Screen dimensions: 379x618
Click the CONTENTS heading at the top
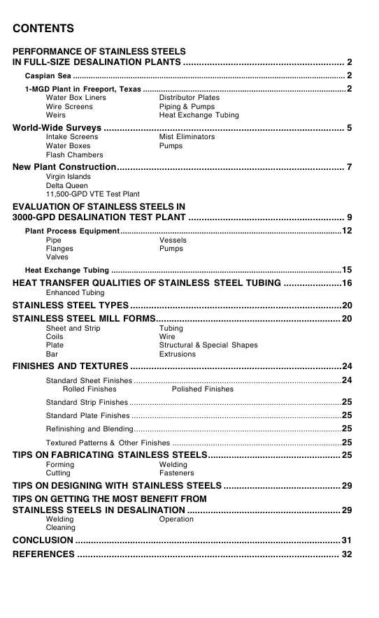pyautogui.click(x=43, y=29)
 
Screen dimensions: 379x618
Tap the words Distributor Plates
pyautogui.click(x=189, y=98)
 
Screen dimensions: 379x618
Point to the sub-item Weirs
pyautogui.click(x=56, y=115)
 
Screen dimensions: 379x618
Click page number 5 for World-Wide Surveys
pyautogui.click(x=349, y=128)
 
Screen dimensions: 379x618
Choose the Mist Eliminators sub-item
pyautogui.click(x=187, y=137)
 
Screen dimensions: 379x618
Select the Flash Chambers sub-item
pyautogui.click(x=74, y=154)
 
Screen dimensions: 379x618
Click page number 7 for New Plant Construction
pyautogui.click(x=349, y=167)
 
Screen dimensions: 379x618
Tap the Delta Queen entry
pyautogui.click(x=67, y=185)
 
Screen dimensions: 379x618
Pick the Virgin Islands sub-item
pyautogui.click(x=68, y=177)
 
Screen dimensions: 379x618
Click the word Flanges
pyautogui.click(x=59, y=248)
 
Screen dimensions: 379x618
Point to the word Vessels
pyautogui.click(x=173, y=240)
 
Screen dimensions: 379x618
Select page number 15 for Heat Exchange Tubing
pyautogui.click(x=346, y=270)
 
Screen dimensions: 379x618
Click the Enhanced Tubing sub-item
pyautogui.click(x=75, y=292)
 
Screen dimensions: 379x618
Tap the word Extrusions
pyautogui.click(x=178, y=354)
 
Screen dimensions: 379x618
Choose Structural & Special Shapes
pyautogui.click(x=208, y=345)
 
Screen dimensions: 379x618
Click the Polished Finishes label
pyautogui.click(x=202, y=389)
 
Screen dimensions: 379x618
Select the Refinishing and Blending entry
pyautogui.click(x=89, y=429)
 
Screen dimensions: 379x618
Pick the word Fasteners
pyautogui.click(x=177, y=473)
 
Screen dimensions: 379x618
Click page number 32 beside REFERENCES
pyautogui.click(x=346, y=554)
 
